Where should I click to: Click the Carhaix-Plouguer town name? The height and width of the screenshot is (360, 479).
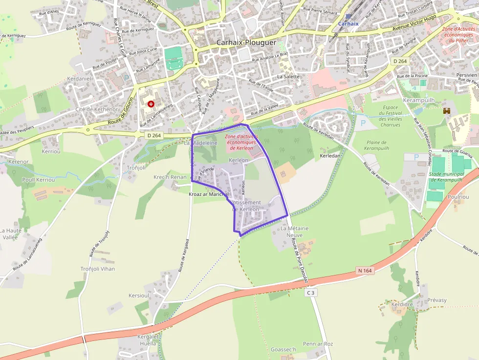pyautogui.click(x=246, y=42)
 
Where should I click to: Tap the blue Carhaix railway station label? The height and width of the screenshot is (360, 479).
pyautogui.click(x=348, y=23)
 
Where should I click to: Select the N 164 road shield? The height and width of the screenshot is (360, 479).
pyautogui.click(x=365, y=270)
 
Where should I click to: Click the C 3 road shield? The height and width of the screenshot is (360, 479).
pyautogui.click(x=310, y=293)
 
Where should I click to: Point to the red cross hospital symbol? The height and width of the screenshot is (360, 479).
pyautogui.click(x=151, y=104)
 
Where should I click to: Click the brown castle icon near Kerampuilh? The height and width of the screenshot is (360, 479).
pyautogui.click(x=446, y=111)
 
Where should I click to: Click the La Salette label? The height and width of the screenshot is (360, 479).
pyautogui.click(x=288, y=77)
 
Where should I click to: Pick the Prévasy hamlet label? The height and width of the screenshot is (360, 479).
pyautogui.click(x=437, y=300)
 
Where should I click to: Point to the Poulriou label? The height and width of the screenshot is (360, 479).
pyautogui.click(x=458, y=197)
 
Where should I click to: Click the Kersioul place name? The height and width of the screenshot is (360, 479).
pyautogui.click(x=138, y=296)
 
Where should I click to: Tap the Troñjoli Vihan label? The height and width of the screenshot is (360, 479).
pyautogui.click(x=98, y=269)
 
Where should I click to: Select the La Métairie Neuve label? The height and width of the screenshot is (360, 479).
pyautogui.click(x=295, y=232)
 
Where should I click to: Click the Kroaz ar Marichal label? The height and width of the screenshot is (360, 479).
pyautogui.click(x=209, y=194)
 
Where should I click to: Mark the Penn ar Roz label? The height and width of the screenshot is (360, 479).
pyautogui.click(x=318, y=344)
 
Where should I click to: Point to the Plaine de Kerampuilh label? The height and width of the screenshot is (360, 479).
pyautogui.click(x=375, y=145)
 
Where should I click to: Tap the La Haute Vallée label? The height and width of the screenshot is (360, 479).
pyautogui.click(x=10, y=233)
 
